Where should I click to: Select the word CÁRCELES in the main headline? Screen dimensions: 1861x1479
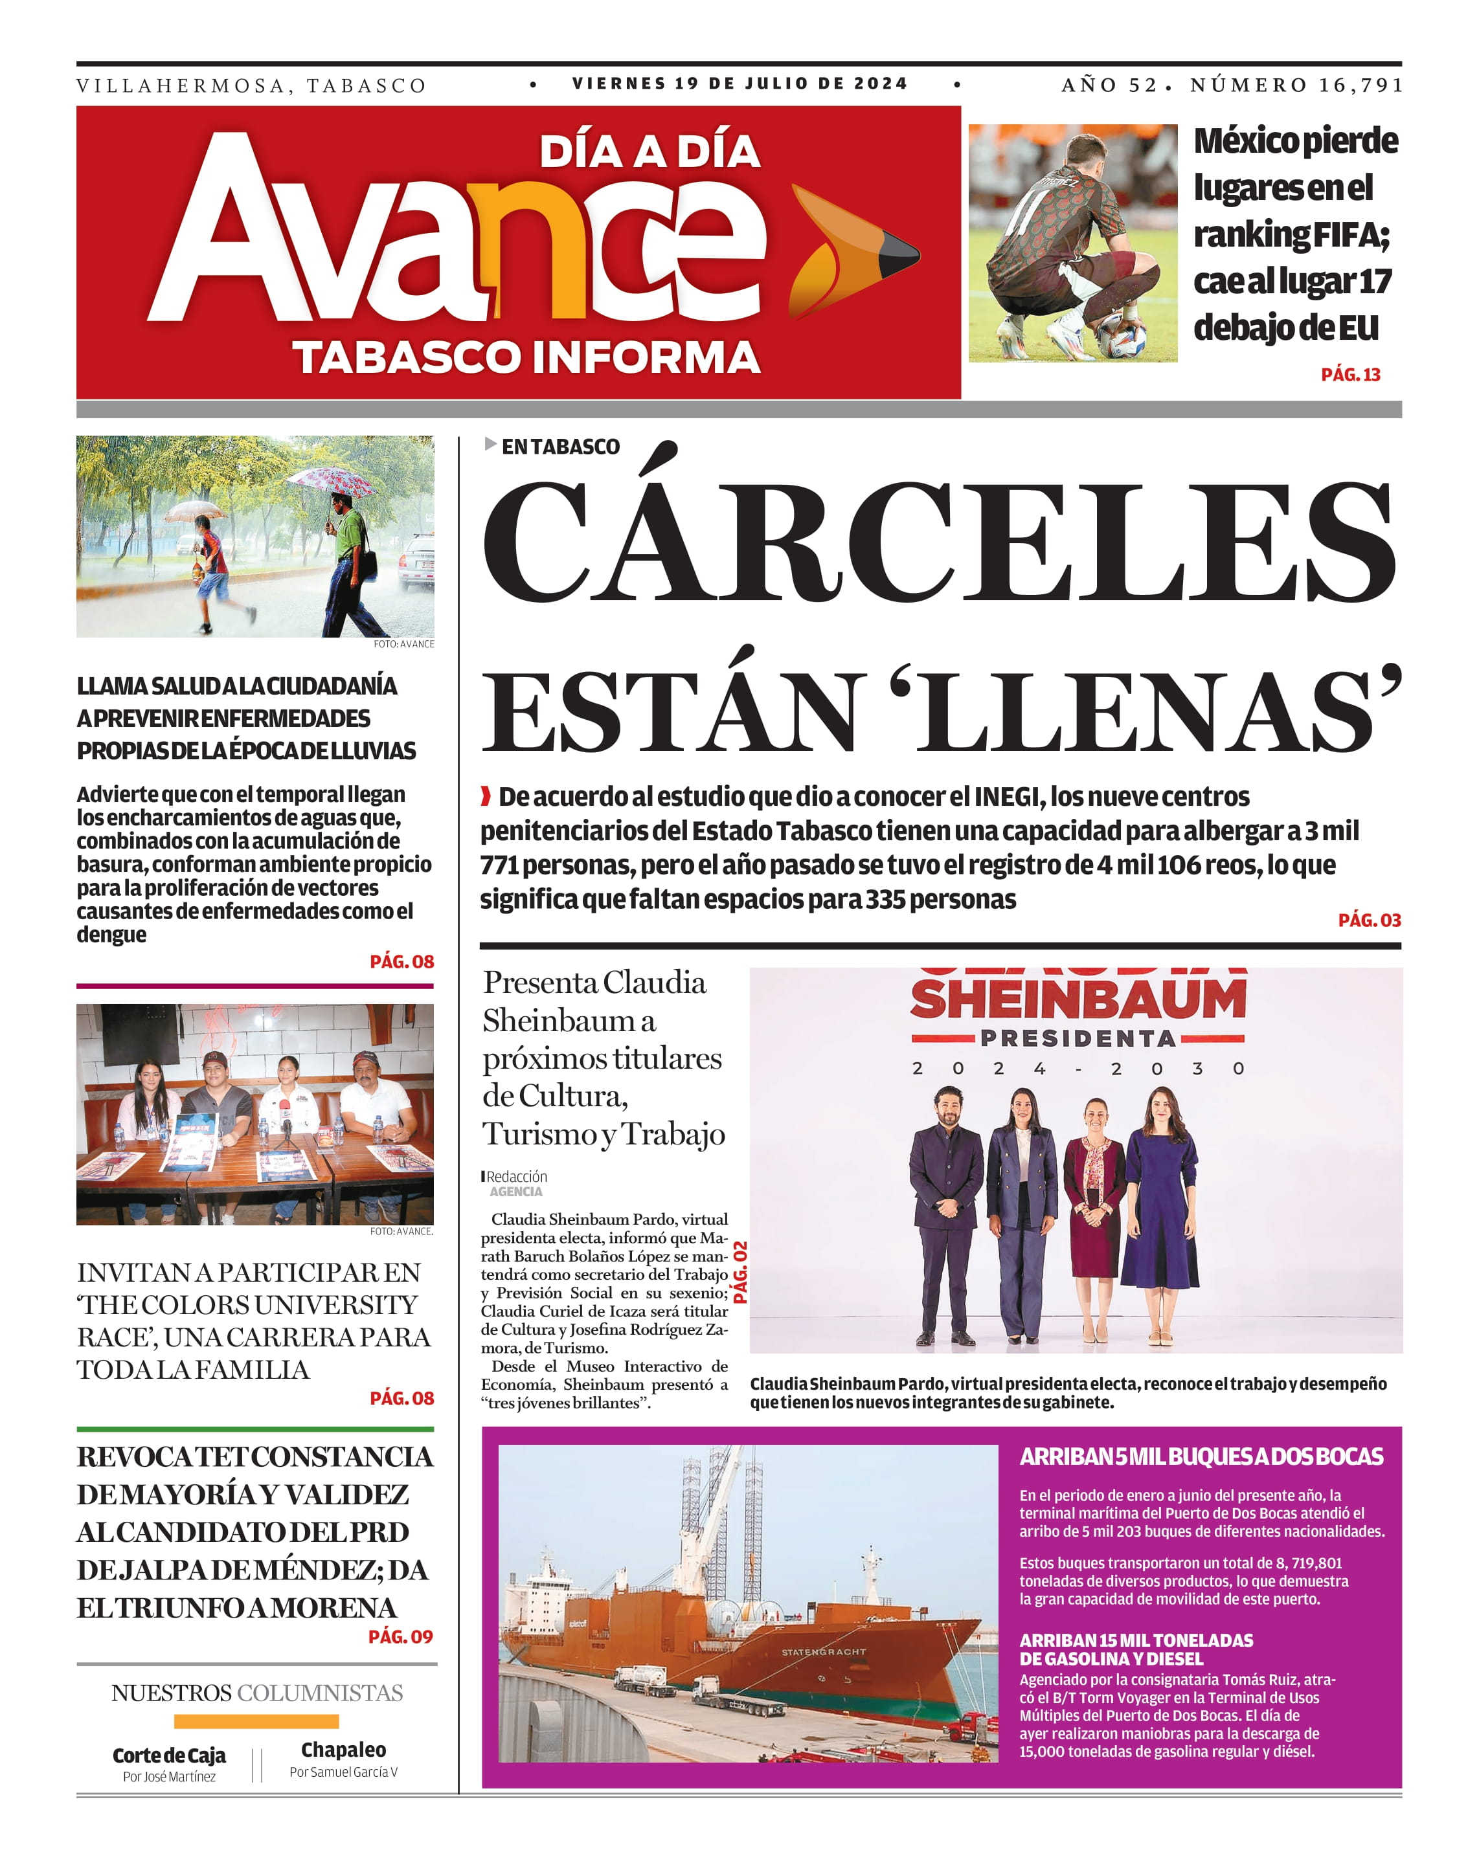(x=938, y=541)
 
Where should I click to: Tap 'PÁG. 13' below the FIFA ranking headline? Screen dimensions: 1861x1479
(x=1349, y=375)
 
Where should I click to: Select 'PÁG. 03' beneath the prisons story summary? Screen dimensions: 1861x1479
(x=1368, y=920)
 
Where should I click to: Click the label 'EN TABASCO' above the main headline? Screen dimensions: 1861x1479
(x=560, y=446)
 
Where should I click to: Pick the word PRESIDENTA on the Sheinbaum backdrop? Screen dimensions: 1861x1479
(x=1077, y=1038)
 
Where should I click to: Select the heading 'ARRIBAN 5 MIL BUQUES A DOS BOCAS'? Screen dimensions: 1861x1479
(x=1201, y=1457)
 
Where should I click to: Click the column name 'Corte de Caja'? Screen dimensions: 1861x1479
(x=169, y=1755)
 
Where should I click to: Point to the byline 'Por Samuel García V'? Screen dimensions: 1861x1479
(x=344, y=1772)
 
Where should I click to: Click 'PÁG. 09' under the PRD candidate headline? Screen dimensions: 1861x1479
(x=401, y=1636)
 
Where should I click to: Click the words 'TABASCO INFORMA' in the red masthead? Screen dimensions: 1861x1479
(x=526, y=357)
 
